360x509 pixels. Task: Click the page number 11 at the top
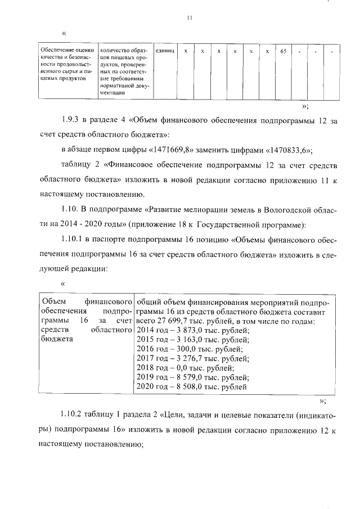coord(190,18)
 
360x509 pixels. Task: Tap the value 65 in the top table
coord(283,51)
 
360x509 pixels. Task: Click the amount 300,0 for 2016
coord(186,349)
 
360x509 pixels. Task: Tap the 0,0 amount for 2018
coord(182,368)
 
